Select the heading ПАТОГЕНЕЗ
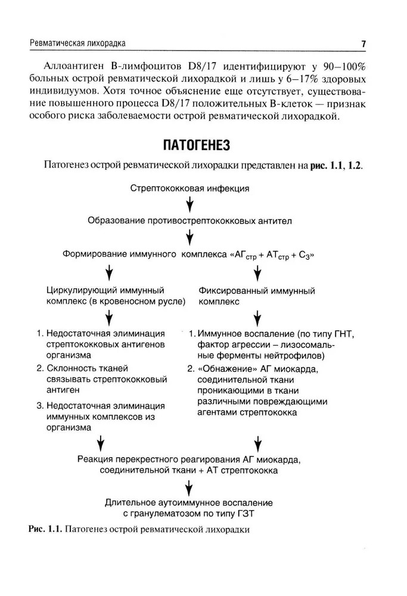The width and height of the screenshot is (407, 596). click(x=196, y=145)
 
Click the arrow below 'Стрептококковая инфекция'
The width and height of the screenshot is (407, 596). click(x=189, y=205)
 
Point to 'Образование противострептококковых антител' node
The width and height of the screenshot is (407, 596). click(x=189, y=221)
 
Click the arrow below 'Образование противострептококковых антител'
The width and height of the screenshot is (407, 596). click(x=189, y=238)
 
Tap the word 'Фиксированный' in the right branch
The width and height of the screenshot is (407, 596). click(x=234, y=291)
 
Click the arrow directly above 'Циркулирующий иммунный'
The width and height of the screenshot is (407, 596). click(x=109, y=273)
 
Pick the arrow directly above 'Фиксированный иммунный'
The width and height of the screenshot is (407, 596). click(x=258, y=273)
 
